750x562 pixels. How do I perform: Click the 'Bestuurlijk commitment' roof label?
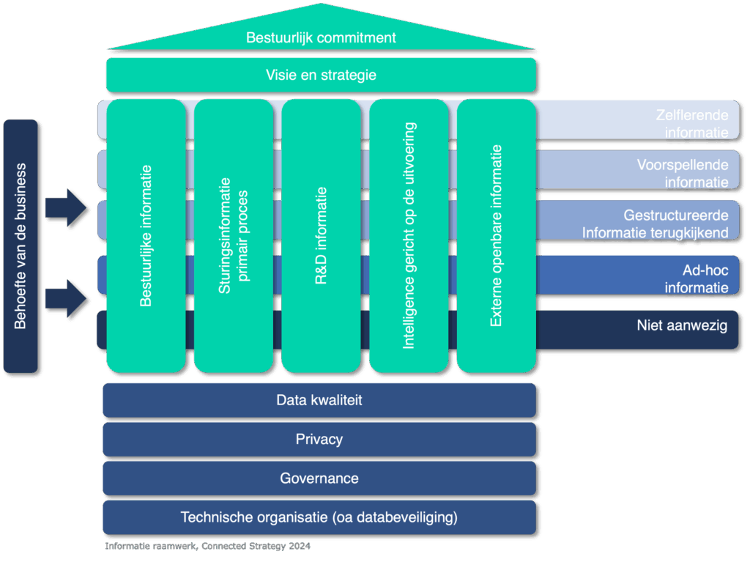coord(321,37)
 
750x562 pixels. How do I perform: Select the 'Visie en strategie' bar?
coord(321,75)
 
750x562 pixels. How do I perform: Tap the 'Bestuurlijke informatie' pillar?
coord(146,235)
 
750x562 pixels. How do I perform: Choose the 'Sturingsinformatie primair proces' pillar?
coord(234,235)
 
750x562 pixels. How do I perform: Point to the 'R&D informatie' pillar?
coord(321,235)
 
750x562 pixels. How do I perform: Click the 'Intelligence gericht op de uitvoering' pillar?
coord(409,235)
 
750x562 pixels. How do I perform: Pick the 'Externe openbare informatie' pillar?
coord(497,235)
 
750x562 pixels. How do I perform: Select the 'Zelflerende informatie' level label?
coord(696,123)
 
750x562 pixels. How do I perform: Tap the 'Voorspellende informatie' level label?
coord(682,174)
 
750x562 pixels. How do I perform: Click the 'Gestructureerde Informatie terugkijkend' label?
coord(656,224)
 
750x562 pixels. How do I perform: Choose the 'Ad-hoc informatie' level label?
coord(696,278)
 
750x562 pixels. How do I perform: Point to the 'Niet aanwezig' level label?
coord(682,325)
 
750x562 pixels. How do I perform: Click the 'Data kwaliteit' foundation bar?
coord(319,400)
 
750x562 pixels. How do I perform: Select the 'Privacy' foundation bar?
coord(319,440)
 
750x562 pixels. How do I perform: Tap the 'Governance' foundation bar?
coord(319,478)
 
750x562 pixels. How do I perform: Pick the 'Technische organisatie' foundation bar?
coord(319,517)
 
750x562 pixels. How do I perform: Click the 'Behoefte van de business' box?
coord(21,246)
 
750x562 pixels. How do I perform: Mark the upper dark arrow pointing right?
coord(67,207)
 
